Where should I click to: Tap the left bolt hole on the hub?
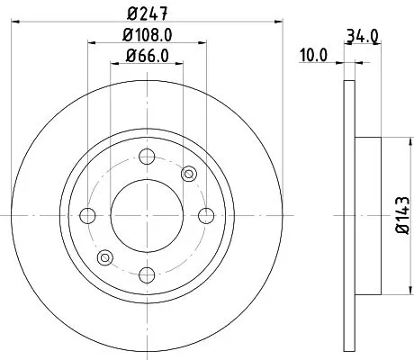(x=88, y=215)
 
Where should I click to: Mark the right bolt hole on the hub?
(x=206, y=215)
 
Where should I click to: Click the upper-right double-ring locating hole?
(x=189, y=173)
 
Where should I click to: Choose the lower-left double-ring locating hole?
(x=105, y=258)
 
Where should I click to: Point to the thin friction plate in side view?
(x=349, y=215)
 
